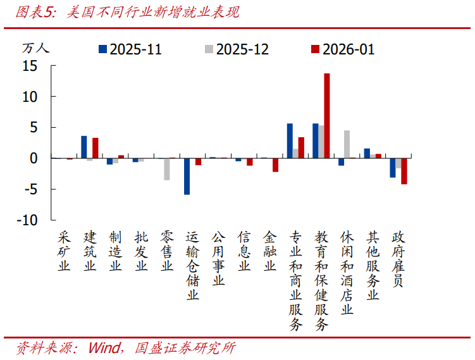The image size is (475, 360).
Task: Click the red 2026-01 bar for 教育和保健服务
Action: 327,116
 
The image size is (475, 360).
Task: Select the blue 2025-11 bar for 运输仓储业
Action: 187,176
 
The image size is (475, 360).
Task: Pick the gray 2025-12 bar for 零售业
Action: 167,169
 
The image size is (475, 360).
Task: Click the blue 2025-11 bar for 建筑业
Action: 83,147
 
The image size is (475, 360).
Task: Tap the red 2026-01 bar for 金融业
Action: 275,164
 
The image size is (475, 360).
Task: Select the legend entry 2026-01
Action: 342,49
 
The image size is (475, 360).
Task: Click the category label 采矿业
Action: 64,251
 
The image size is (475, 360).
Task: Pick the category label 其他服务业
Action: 373,265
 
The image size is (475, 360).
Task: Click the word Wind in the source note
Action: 106,348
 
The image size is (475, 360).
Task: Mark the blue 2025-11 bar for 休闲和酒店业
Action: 341,161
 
